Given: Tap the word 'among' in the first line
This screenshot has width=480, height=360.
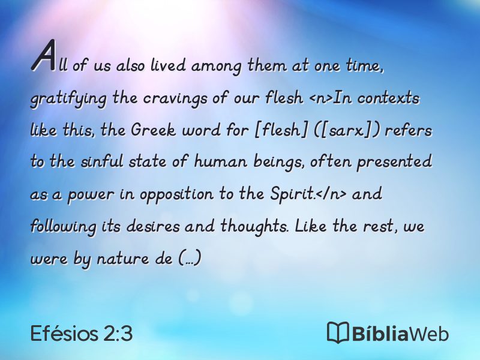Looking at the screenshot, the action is click(216, 66).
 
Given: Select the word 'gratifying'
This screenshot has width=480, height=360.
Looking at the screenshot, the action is click(68, 98).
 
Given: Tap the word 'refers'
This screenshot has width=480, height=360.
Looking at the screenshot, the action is click(408, 130).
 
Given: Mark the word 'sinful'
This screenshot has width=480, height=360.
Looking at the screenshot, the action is click(102, 161).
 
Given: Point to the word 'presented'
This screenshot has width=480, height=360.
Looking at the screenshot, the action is click(394, 162).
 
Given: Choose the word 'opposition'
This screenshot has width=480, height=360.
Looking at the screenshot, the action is click(176, 194).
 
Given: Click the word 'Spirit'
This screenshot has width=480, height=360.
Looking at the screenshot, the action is click(292, 194).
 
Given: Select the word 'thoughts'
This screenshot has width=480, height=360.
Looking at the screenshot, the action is click(254, 227).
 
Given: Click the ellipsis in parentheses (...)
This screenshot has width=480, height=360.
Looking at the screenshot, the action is click(190, 259).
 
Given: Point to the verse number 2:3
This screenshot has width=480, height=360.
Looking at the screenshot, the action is click(118, 333).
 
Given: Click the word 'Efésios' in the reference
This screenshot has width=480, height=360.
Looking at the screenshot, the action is click(64, 333).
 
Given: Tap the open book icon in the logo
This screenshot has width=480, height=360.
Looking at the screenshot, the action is click(338, 332).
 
